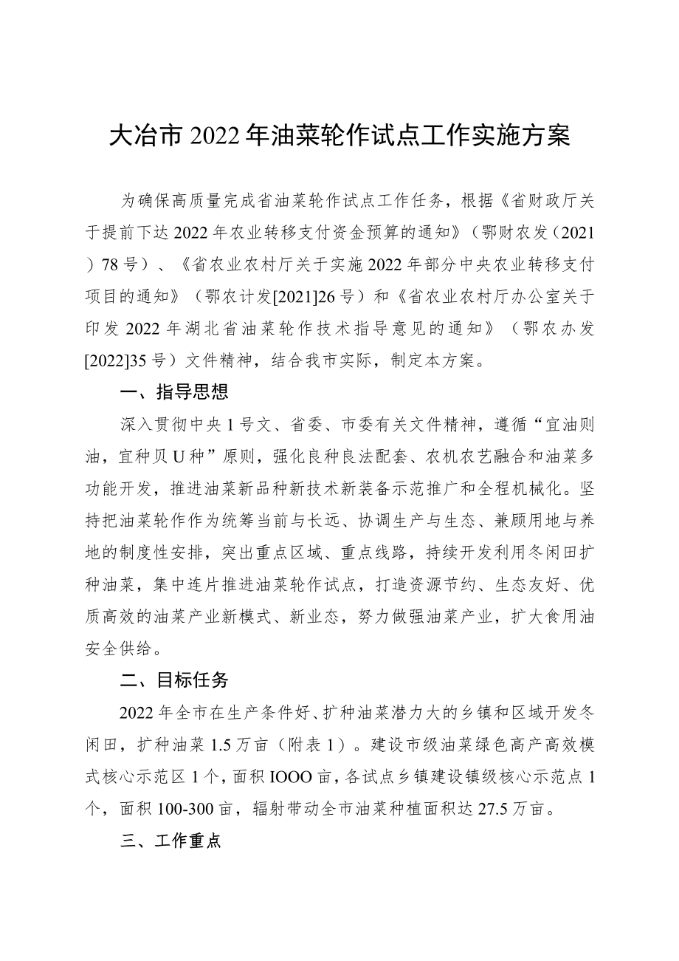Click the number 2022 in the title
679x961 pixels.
point(213,137)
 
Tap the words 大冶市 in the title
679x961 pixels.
point(148,137)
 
